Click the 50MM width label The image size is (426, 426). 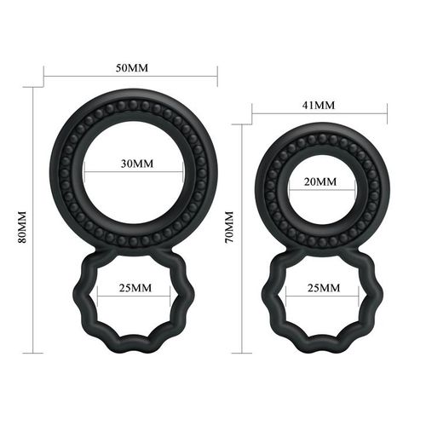[130, 66]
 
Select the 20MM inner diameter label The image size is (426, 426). [319, 182]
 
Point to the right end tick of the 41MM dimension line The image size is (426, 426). [388, 111]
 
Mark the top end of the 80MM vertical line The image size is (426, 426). [34, 87]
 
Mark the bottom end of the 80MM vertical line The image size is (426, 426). [34, 352]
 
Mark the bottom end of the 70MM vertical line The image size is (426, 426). [243, 352]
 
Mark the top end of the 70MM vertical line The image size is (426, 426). [243, 124]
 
